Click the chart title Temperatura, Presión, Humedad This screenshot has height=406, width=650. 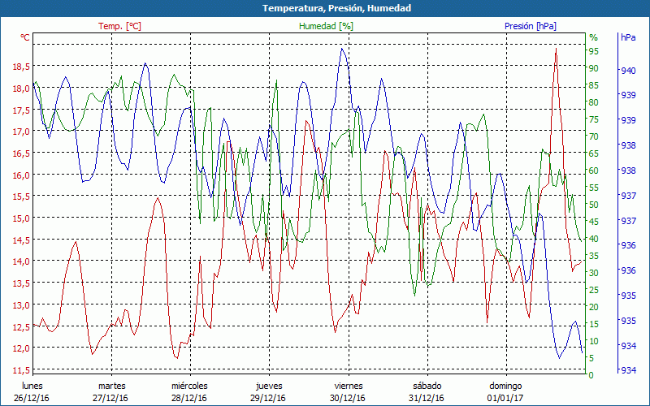325,8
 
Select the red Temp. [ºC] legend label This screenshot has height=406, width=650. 119,26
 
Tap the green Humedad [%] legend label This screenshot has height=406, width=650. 327,26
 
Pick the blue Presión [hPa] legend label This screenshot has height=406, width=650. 531,26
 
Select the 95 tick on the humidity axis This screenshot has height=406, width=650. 593,51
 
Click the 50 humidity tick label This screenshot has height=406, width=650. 593,205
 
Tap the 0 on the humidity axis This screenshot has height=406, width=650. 591,375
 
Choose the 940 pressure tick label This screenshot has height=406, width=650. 628,71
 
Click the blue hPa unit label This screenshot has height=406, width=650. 628,37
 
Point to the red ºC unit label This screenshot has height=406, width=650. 25,37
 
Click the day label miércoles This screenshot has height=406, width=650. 189,386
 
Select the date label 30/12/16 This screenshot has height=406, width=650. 349,398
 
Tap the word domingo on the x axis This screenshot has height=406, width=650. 507,386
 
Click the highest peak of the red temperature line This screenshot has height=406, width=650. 556,49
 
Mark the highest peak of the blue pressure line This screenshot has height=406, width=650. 343,49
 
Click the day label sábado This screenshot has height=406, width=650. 427,386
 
